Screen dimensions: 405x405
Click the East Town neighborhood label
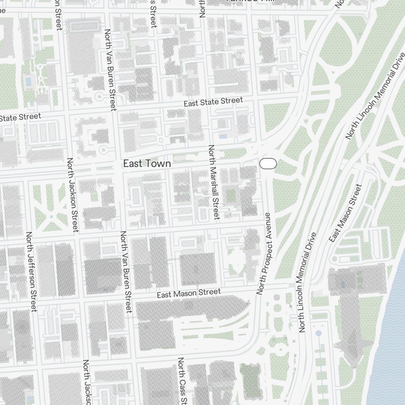click(x=147, y=164)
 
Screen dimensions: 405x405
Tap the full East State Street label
click(x=213, y=102)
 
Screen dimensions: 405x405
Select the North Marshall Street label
click(x=213, y=182)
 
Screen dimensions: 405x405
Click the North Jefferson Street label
click(x=31, y=271)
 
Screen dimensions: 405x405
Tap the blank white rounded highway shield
click(x=268, y=164)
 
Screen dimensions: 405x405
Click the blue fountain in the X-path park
click(x=51, y=217)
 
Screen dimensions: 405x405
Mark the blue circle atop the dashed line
click(x=319, y=333)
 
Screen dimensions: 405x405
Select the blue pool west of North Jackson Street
click(x=28, y=82)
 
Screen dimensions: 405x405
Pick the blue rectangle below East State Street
click(x=223, y=136)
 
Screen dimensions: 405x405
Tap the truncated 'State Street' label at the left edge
click(x=20, y=117)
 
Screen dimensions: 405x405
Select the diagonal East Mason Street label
click(x=345, y=213)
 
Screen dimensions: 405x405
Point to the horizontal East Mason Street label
click(x=189, y=293)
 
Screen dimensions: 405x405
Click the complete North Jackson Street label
click(x=72, y=195)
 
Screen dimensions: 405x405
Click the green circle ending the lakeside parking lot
click(x=335, y=259)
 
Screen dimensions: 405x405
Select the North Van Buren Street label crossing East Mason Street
click(x=126, y=271)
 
